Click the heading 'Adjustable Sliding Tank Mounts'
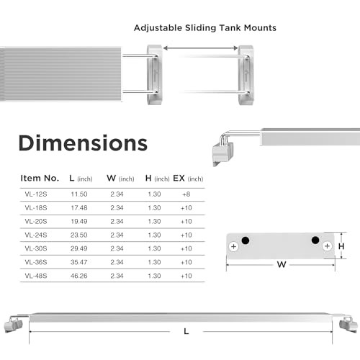pyautogui.click(x=205, y=28)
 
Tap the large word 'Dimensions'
pyautogui.click(x=83, y=143)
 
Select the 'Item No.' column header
pyautogui.click(x=40, y=178)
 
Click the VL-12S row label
pyautogui.click(x=36, y=194)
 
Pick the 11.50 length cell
pyautogui.click(x=79, y=194)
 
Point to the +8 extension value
pyautogui.click(x=186, y=194)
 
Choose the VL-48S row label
pyautogui.click(x=36, y=276)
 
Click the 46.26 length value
pyautogui.click(x=79, y=276)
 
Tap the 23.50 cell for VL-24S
pyautogui.click(x=79, y=235)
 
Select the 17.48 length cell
pyautogui.click(x=79, y=207)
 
